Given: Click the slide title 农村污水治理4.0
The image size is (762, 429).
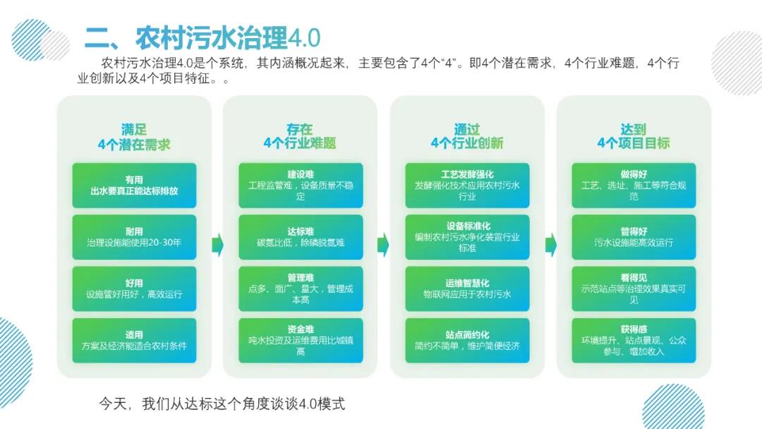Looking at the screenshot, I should click(203, 37).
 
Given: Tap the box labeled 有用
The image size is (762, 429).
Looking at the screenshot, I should click(134, 186).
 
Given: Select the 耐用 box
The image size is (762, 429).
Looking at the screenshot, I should click(134, 237).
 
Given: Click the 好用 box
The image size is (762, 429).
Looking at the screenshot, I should click(134, 289).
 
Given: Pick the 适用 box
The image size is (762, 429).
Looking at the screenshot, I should click(134, 340).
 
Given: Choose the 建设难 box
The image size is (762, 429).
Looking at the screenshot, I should click(301, 186).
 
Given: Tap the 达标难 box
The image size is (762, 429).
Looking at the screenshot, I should click(301, 237).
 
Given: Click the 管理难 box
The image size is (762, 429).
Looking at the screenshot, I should click(301, 289).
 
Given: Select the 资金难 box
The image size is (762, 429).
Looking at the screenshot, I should click(301, 340).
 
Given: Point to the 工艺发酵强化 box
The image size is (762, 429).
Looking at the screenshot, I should click(467, 186).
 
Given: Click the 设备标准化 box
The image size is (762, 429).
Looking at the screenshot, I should click(467, 237).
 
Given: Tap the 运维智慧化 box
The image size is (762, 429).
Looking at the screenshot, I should click(467, 289).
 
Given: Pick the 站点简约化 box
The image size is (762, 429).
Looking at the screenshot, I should click(467, 340).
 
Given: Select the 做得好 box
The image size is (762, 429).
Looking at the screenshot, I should click(634, 186).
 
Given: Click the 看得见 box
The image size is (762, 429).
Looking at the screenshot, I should click(634, 289).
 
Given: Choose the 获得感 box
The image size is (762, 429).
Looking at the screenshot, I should click(634, 340).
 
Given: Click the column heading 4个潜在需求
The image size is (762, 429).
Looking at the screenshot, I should click(134, 144).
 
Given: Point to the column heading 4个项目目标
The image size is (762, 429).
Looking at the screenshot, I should click(634, 143).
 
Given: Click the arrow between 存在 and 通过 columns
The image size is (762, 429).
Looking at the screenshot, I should click(384, 245).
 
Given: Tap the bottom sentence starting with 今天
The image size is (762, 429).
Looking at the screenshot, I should click(222, 404).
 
